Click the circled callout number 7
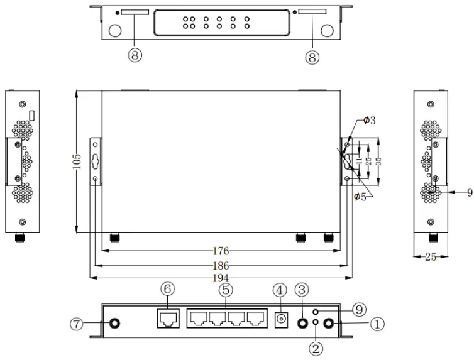pos(75,324)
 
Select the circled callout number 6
pos(168,289)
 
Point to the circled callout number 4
pos(280,290)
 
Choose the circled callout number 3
pos(302,290)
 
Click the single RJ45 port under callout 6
pos(167,319)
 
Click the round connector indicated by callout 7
pos(115,323)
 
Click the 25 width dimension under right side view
pos(431,257)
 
